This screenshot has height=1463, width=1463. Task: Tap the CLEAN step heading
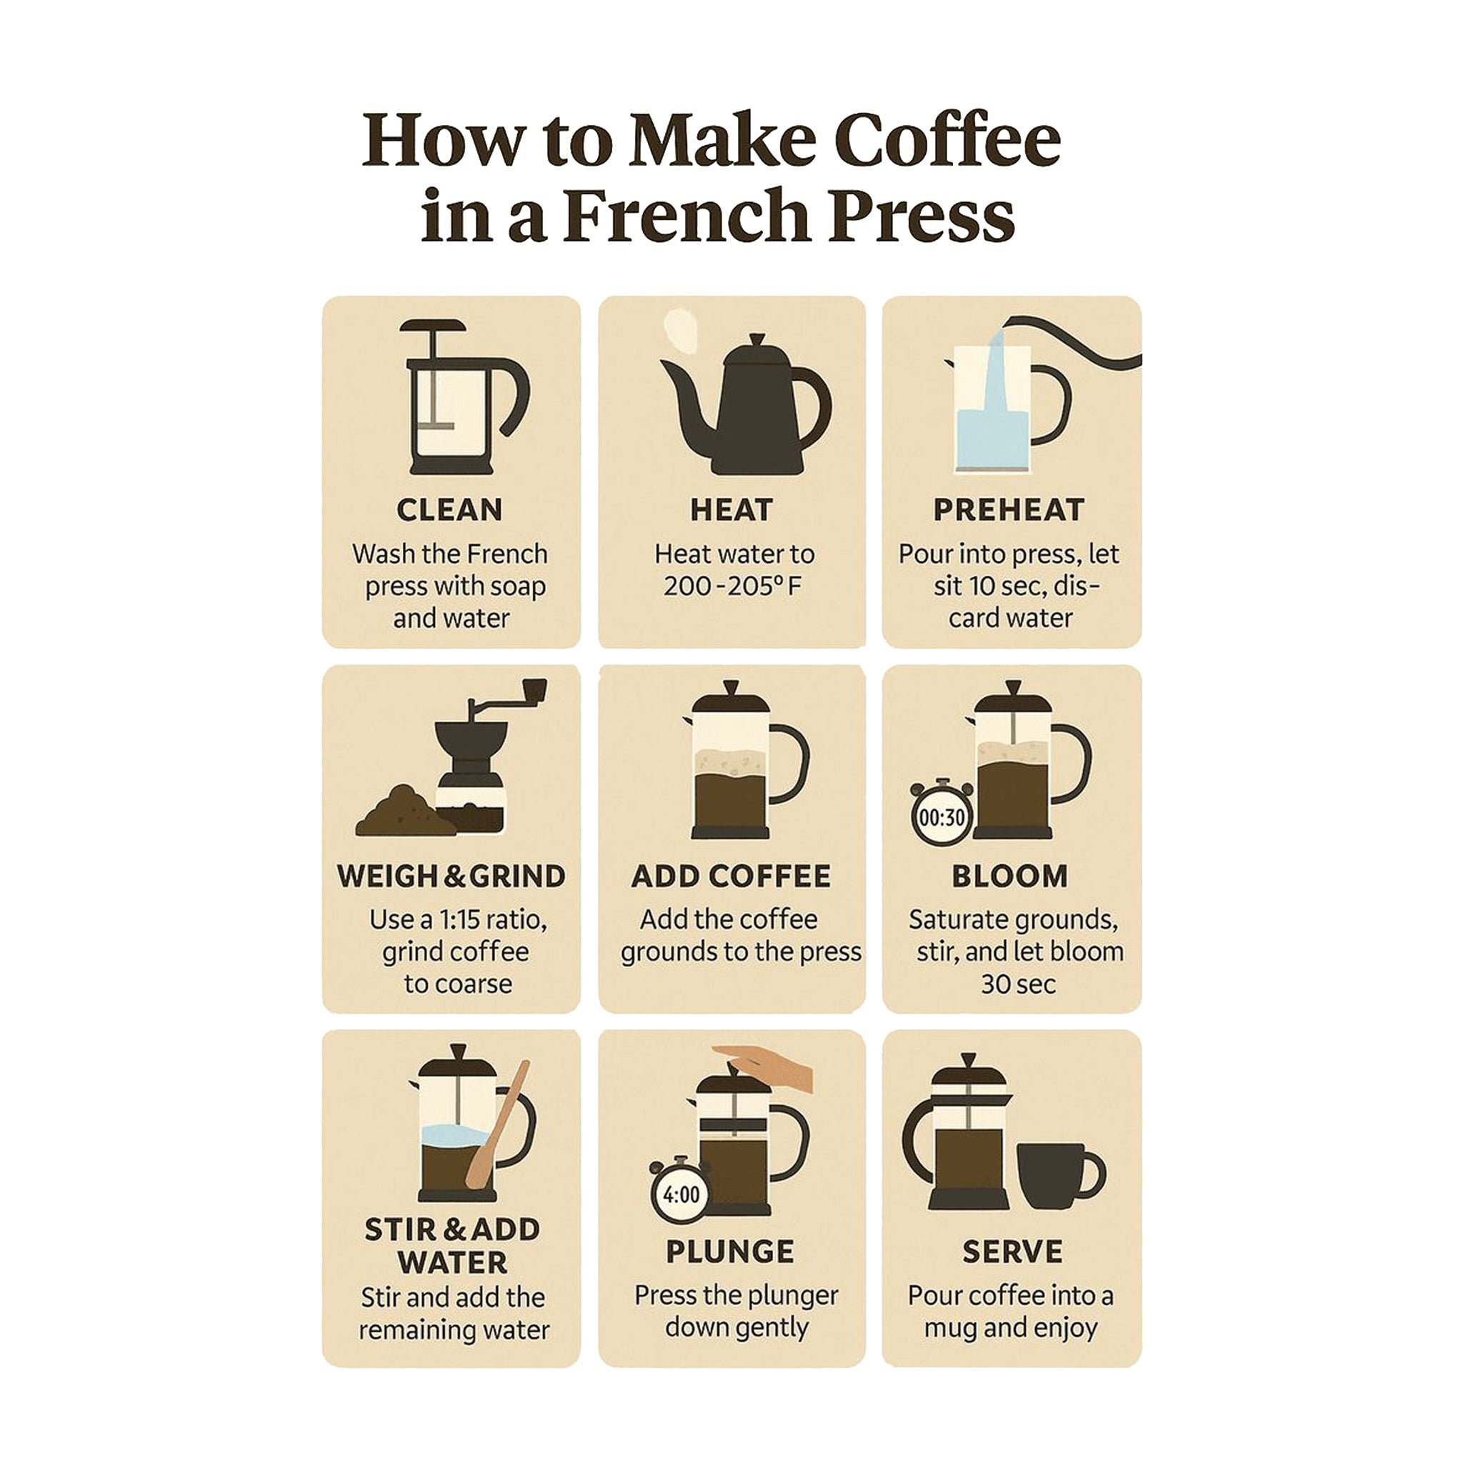pyautogui.click(x=450, y=509)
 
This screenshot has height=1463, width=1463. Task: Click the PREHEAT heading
pyautogui.click(x=1009, y=509)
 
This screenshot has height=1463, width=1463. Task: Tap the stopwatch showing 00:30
pyautogui.click(x=942, y=812)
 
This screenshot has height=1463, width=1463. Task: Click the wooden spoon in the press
pyautogui.click(x=497, y=1124)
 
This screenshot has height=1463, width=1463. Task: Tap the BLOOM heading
pyautogui.click(x=1010, y=876)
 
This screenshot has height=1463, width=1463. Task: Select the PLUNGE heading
pyautogui.click(x=731, y=1252)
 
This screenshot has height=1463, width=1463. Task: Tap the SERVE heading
pyautogui.click(x=1012, y=1252)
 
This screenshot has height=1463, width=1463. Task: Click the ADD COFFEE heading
pyautogui.click(x=731, y=876)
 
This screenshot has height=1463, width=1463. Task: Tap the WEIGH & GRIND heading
pyautogui.click(x=451, y=876)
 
